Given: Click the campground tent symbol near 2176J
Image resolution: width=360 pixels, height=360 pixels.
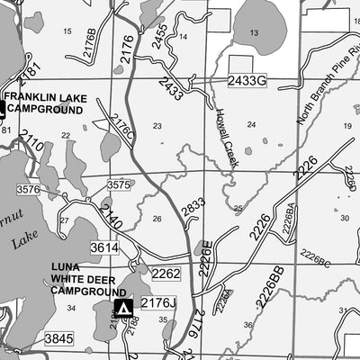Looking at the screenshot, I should (124, 309).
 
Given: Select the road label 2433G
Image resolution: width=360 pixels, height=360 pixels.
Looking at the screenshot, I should (247, 81).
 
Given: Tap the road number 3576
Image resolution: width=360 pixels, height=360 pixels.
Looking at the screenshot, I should (28, 189).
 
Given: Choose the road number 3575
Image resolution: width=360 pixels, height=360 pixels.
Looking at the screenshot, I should (119, 184).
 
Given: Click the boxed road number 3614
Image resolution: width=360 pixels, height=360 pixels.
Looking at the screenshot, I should (104, 247).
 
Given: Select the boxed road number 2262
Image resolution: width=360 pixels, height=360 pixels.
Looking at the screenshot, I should (166, 274).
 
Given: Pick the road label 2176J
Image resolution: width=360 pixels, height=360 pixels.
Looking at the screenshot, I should (158, 303).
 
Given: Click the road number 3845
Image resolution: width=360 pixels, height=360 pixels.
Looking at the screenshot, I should (58, 338).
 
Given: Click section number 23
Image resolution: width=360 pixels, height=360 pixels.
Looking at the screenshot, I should (157, 126).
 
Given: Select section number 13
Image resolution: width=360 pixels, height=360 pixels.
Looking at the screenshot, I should (254, 32).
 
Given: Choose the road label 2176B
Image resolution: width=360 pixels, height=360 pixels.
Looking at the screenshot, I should (89, 43).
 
